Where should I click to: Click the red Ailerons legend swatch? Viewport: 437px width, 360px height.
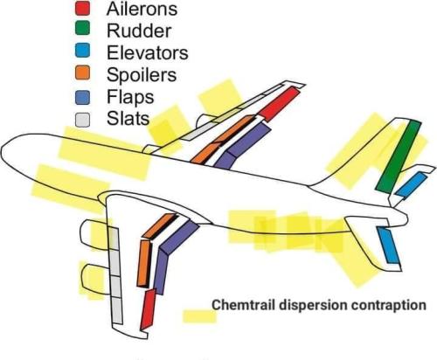click(x=82, y=8)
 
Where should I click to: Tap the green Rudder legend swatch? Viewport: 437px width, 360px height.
click(x=82, y=29)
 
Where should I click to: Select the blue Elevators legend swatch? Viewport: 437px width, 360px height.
click(x=82, y=51)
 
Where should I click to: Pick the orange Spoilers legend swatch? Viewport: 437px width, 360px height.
click(x=82, y=73)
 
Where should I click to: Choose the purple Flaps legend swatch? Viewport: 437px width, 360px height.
click(x=82, y=97)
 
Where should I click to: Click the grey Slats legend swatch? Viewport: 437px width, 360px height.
click(x=82, y=120)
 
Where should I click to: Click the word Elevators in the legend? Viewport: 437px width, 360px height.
click(x=148, y=52)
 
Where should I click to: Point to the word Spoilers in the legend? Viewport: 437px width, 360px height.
click(x=142, y=75)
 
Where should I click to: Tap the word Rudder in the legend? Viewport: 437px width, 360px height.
click(x=139, y=31)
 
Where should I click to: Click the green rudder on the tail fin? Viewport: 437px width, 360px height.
click(x=399, y=156)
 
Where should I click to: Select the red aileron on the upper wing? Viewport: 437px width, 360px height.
click(x=280, y=104)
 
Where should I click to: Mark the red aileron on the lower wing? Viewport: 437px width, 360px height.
click(x=148, y=309)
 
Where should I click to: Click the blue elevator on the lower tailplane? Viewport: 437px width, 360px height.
click(x=389, y=246)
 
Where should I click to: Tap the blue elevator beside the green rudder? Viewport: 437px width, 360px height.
click(x=411, y=184)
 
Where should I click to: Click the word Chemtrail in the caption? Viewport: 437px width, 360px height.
click(x=243, y=305)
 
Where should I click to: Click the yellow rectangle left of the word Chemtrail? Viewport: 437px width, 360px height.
click(x=200, y=316)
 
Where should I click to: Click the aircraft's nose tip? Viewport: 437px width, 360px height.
click(x=2, y=150)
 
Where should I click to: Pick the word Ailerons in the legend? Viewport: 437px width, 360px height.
click(x=142, y=9)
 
